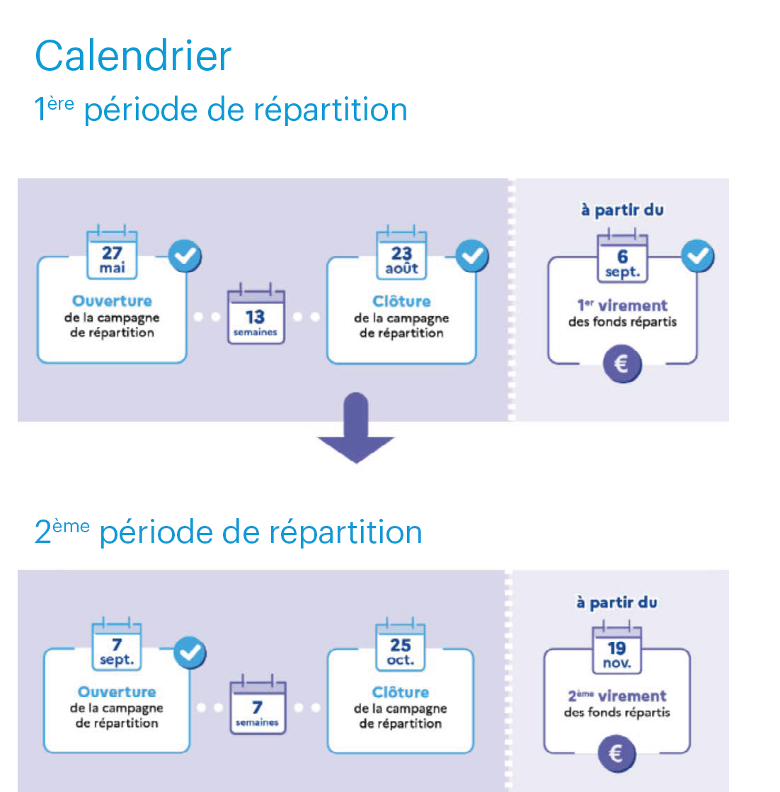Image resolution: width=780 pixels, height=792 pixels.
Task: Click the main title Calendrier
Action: click(133, 57)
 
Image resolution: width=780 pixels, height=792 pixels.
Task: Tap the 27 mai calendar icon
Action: click(112, 256)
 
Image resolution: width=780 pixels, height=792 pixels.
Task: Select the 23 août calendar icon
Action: click(401, 256)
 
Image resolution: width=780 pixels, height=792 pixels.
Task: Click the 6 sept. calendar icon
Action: click(622, 259)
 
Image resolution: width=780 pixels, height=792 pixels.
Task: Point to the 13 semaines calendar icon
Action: click(256, 318)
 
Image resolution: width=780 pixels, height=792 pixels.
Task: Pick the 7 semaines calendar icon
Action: click(258, 708)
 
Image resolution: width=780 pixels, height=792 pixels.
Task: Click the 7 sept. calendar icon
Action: click(117, 648)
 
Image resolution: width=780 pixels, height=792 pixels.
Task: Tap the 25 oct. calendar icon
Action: click(401, 648)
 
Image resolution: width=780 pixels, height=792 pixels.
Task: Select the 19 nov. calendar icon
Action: click(616, 650)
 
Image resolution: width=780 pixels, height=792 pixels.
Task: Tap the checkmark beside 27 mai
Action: click(185, 256)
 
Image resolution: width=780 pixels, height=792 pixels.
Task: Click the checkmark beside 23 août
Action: click(472, 256)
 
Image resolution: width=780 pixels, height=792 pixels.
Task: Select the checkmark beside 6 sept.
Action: click(697, 256)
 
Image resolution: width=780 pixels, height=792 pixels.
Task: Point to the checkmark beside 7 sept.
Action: click(190, 653)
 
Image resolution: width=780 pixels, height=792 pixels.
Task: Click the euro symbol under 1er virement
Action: click(621, 365)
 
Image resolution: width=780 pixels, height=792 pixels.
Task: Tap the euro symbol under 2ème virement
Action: click(616, 754)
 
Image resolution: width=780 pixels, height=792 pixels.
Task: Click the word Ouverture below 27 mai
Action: click(112, 301)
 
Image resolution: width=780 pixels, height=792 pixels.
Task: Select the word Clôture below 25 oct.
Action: click(401, 692)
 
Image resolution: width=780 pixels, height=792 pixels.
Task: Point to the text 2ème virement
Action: click(617, 696)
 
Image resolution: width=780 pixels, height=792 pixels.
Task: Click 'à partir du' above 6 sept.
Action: click(622, 210)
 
